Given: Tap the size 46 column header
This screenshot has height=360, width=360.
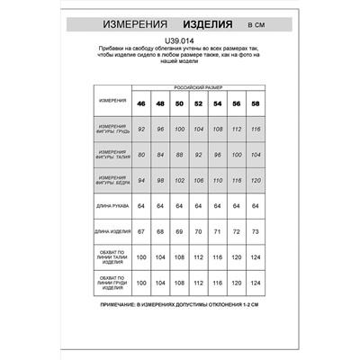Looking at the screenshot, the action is point(140,103).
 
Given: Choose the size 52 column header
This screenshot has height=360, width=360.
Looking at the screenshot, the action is point(198,103).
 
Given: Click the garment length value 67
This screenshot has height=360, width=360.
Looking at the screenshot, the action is point(140,232).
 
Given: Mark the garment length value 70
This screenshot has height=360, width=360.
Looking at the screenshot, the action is point(198,232).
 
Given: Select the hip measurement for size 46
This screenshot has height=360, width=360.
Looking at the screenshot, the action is point(140,180).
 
